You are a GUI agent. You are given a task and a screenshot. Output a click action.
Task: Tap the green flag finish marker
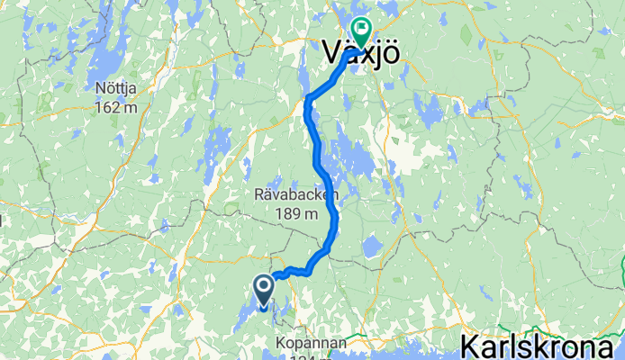tap(361, 32)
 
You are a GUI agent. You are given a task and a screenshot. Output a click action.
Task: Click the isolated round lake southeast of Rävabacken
tap(371, 246)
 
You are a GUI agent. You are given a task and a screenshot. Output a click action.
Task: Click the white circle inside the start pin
tap(265, 287)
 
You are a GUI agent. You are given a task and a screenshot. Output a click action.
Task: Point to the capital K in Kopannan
tap(282, 344)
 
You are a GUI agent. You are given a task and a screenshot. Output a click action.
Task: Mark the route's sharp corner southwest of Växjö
tap(309, 96)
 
